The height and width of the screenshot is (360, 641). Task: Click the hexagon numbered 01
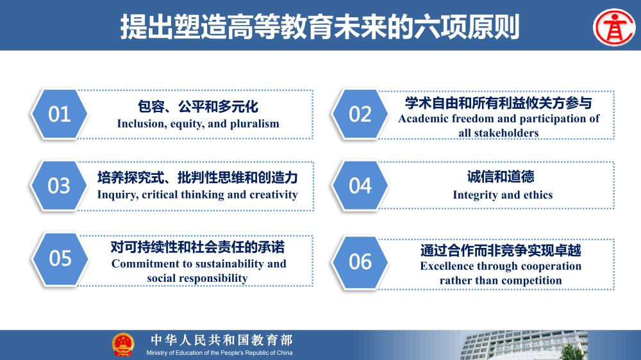(x=60, y=114)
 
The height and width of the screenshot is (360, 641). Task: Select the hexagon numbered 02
(x=360, y=114)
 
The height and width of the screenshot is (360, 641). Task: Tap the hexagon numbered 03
(x=60, y=186)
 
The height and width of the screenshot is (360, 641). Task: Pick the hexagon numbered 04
(x=360, y=186)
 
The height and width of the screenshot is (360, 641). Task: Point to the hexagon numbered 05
(x=60, y=258)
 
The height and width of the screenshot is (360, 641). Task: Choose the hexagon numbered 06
(x=360, y=261)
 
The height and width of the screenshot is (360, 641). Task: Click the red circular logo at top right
(x=614, y=27)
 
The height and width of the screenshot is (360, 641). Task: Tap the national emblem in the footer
(x=123, y=345)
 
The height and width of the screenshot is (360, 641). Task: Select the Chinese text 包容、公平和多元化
(x=198, y=106)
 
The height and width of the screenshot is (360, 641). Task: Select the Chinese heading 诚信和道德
(x=501, y=177)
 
